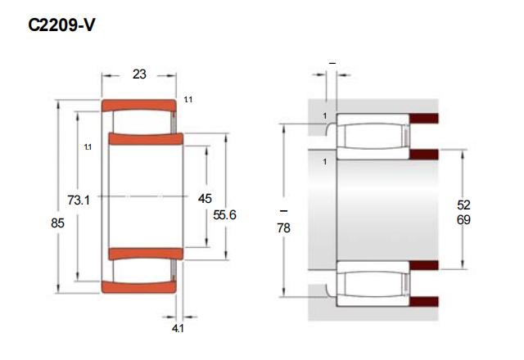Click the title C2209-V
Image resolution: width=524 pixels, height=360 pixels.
pos(62,25)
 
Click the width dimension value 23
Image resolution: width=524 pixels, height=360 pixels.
pos(139,74)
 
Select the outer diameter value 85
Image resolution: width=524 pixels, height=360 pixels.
pos(57,223)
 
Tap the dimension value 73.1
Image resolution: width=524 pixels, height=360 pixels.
pos(79,200)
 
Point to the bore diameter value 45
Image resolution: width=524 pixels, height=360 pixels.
pos(205,199)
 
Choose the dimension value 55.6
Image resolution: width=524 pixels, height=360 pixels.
pos(224,215)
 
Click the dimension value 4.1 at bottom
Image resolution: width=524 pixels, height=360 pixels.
pos(178,329)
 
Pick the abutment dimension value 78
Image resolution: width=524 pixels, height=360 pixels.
pos(283,228)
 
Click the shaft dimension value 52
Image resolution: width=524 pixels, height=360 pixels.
pos(463,205)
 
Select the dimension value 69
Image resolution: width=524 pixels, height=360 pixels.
pos(463,220)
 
